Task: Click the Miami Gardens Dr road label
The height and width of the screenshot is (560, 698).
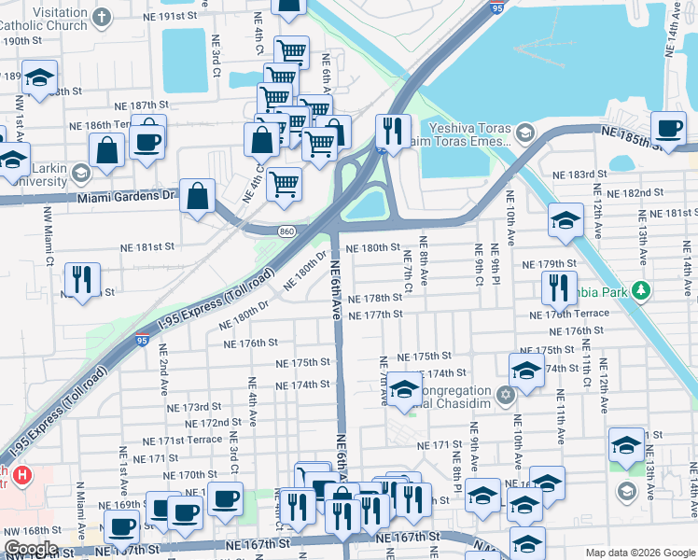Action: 127,197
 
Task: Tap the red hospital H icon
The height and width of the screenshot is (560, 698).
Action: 23,475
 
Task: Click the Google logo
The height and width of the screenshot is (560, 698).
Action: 31,549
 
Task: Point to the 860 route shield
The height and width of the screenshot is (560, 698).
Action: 286,231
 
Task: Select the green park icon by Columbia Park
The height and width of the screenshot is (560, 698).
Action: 640,290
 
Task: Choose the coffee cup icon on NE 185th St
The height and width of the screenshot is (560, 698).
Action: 667,128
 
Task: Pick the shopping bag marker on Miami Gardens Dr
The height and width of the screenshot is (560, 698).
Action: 198,197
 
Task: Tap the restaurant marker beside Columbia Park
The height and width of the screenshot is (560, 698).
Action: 559,287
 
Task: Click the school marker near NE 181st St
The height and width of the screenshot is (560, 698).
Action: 565,220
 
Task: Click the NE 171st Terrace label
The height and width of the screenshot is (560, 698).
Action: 183,440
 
